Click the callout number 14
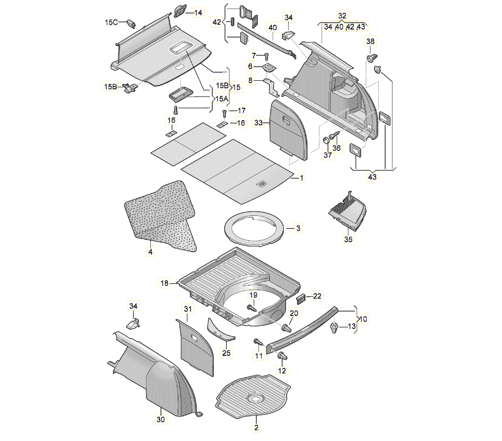pyautogui.click(x=198, y=12)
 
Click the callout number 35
pyautogui.click(x=348, y=240)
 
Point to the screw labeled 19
pyautogui.click(x=251, y=307)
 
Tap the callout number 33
pyautogui.click(x=259, y=123)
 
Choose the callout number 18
pyautogui.click(x=165, y=282)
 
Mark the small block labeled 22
pyautogui.click(x=302, y=296)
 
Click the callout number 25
pyautogui.click(x=226, y=353)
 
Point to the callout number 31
pyautogui.click(x=187, y=309)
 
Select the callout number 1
pyautogui.click(x=302, y=177)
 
